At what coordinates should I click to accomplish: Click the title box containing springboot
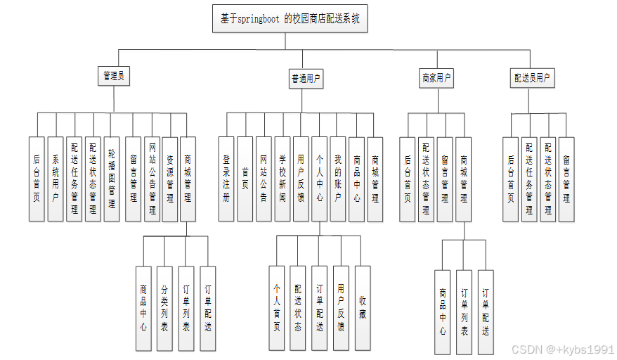(x=290, y=19)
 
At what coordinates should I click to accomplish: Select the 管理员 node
(x=114, y=77)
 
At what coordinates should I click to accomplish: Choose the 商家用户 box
(x=436, y=78)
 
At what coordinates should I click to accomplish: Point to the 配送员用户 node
(x=532, y=78)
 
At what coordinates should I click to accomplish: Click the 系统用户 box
(x=56, y=179)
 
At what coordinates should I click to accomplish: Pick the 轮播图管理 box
(x=112, y=179)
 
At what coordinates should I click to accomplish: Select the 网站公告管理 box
(x=151, y=179)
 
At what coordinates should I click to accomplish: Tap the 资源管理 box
(x=169, y=179)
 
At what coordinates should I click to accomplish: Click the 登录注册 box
(x=226, y=179)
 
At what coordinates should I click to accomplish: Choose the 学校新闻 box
(x=282, y=179)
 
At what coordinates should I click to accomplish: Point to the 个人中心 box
(x=319, y=179)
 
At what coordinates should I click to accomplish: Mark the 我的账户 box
(x=337, y=179)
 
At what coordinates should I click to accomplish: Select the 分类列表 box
(x=164, y=308)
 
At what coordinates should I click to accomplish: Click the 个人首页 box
(x=276, y=308)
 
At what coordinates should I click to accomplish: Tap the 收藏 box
(x=362, y=308)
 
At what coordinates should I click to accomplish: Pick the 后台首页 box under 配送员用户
(x=511, y=179)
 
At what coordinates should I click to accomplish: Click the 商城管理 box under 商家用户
(x=464, y=179)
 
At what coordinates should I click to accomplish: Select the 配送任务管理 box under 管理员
(x=74, y=179)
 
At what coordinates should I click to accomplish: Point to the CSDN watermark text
(x=563, y=349)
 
